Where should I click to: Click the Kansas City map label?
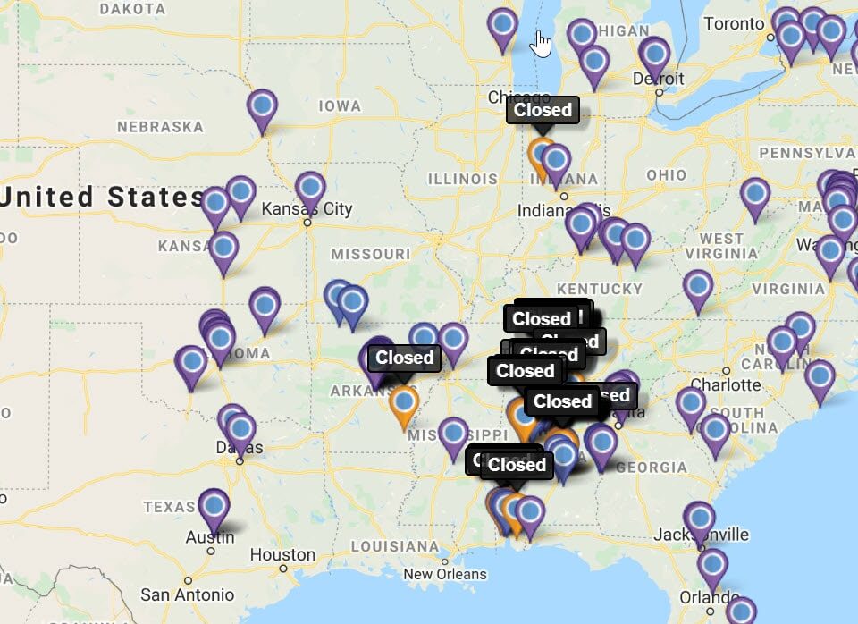click(x=307, y=209)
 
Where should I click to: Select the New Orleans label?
click(x=444, y=574)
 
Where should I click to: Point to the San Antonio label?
click(x=188, y=594)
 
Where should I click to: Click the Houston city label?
click(x=282, y=555)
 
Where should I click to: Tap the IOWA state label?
click(x=340, y=106)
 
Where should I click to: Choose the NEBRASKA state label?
click(x=161, y=127)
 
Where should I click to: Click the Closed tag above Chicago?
click(x=543, y=110)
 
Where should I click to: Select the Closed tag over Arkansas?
click(x=404, y=358)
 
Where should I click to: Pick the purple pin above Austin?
click(x=214, y=507)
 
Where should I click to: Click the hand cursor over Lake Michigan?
click(x=542, y=42)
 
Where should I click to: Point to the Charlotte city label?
click(x=726, y=384)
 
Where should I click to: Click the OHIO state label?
click(x=667, y=174)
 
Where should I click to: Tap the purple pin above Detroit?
click(x=654, y=55)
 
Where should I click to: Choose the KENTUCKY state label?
click(x=600, y=289)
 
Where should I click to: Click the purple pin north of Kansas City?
click(x=310, y=190)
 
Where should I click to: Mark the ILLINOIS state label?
click(x=462, y=179)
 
